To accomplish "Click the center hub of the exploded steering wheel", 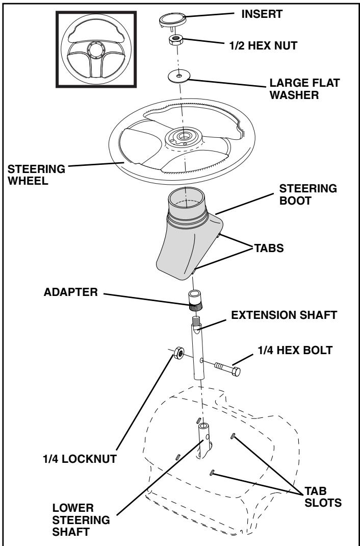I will [x=181, y=137].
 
